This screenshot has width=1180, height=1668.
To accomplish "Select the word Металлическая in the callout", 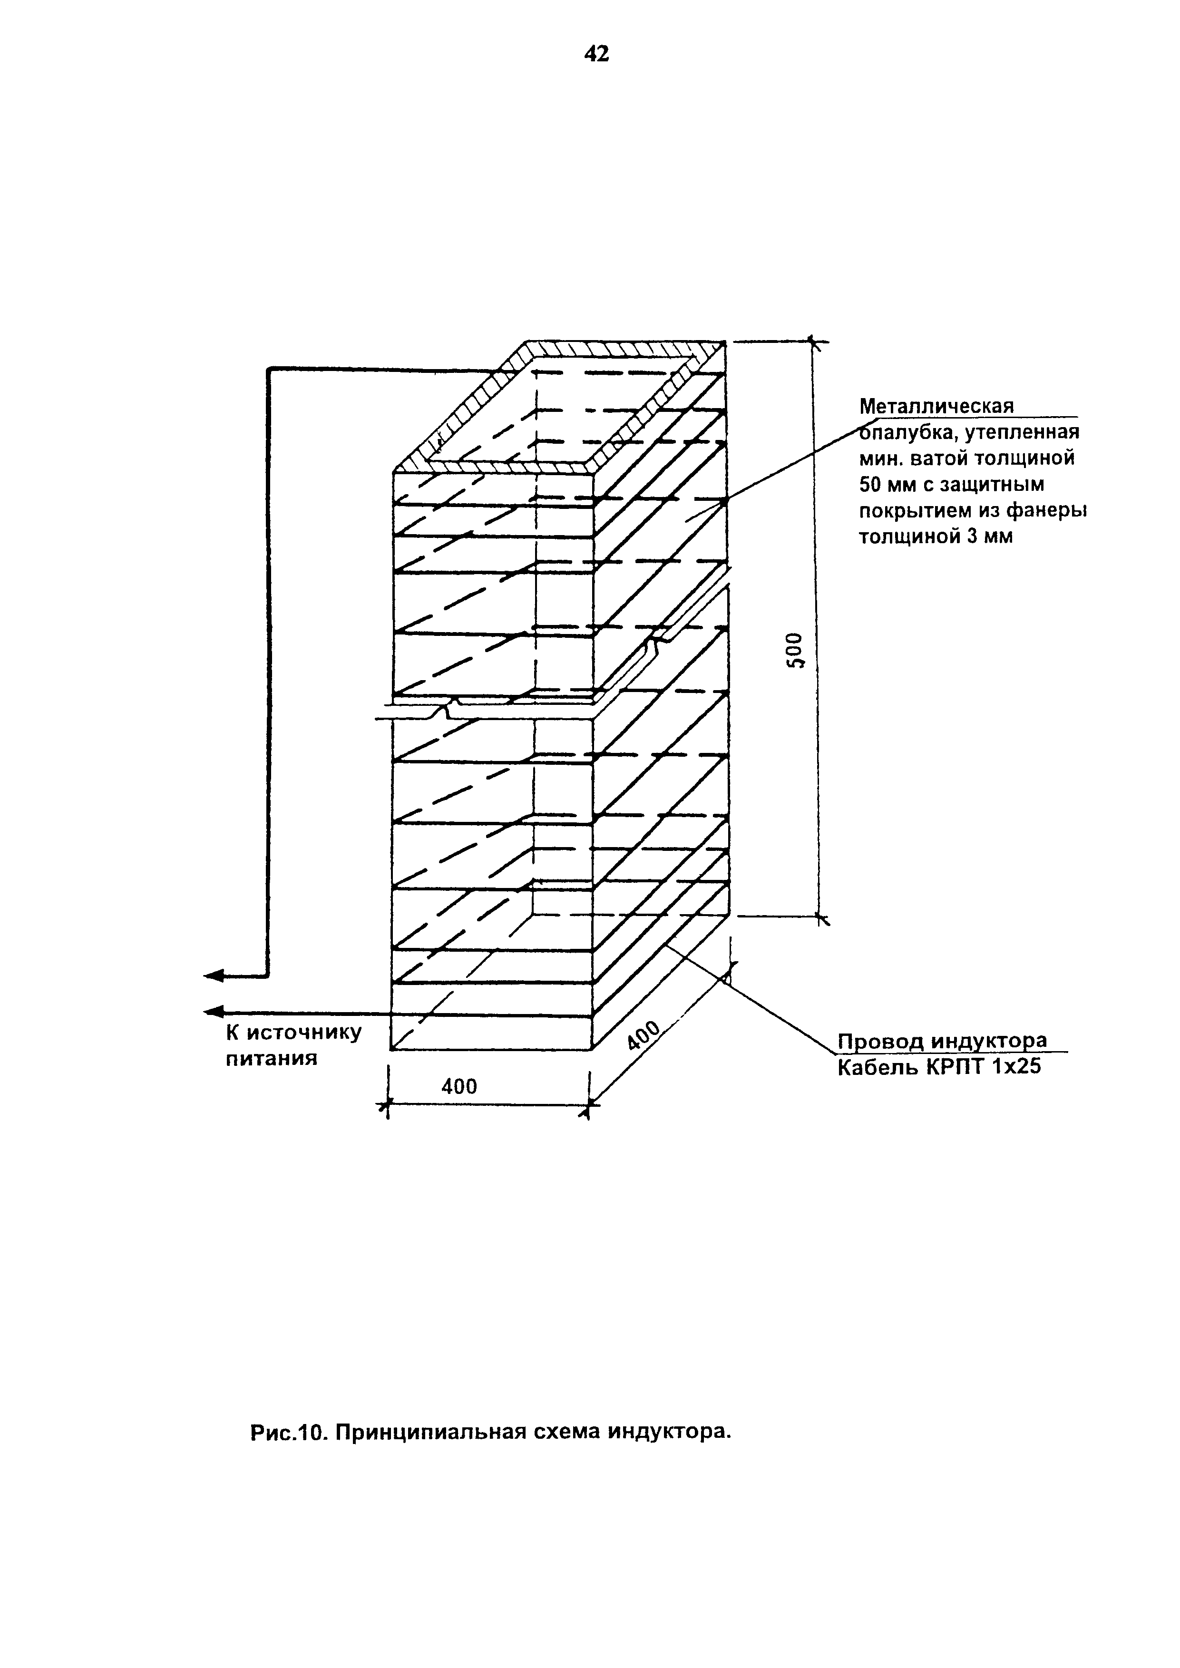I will pyautogui.click(x=936, y=406).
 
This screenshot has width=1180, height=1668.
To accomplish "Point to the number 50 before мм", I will pyautogui.click(x=870, y=485).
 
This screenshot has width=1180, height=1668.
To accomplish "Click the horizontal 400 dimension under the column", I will pyautogui.click(x=460, y=1086).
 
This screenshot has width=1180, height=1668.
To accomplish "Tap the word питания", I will pyautogui.click(x=272, y=1058).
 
